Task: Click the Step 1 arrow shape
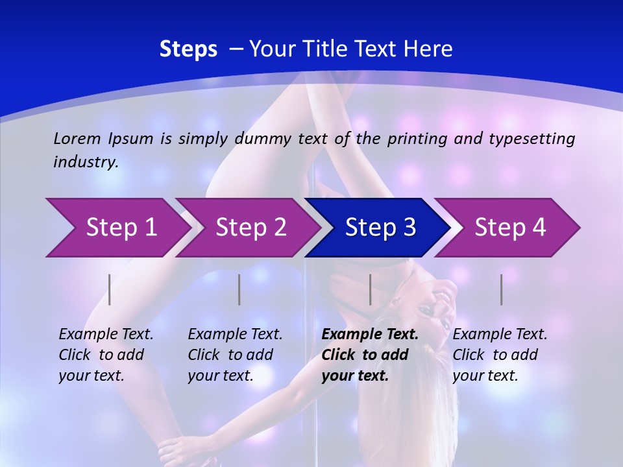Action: (x=117, y=228)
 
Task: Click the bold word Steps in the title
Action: (x=188, y=49)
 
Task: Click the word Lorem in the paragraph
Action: (x=77, y=138)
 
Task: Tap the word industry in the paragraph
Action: (x=86, y=162)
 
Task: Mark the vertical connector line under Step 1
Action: (x=110, y=289)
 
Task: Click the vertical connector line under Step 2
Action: (x=239, y=289)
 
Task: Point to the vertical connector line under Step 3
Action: (x=370, y=289)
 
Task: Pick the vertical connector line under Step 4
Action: (x=501, y=289)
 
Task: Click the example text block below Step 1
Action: (x=106, y=355)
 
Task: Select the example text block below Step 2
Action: (x=235, y=355)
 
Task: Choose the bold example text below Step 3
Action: (x=370, y=355)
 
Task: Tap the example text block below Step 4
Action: (x=500, y=355)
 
